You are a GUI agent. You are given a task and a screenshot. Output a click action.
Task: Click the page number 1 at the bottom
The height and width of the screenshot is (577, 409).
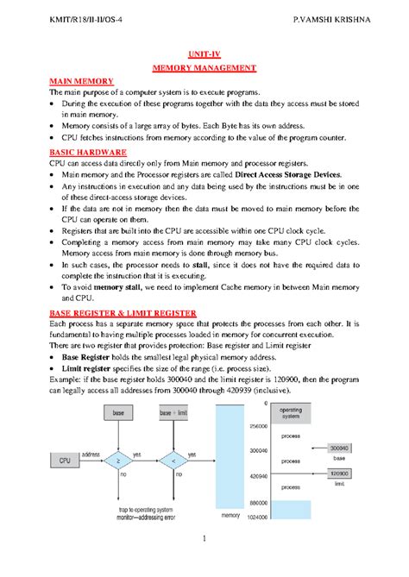204,563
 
